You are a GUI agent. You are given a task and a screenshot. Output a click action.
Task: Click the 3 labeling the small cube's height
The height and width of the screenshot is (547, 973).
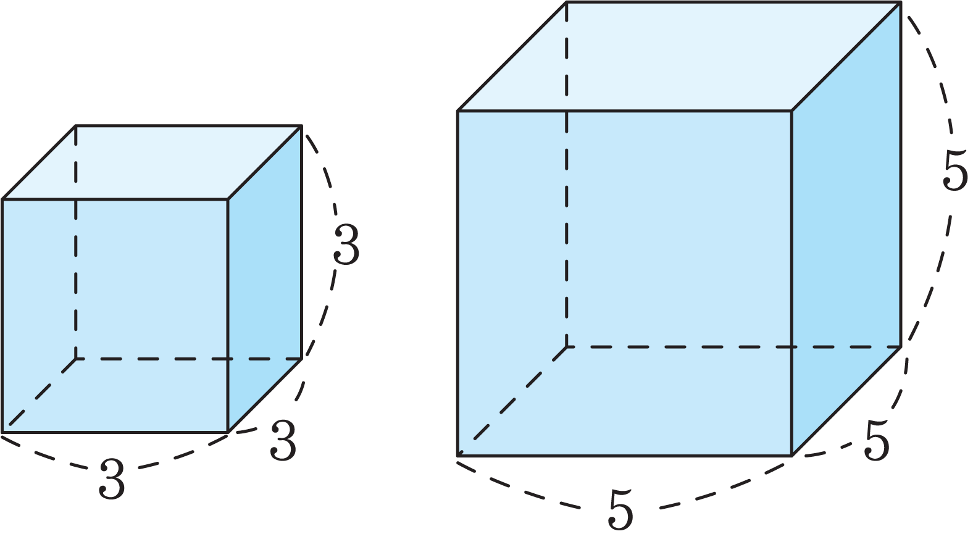pyautogui.click(x=346, y=244)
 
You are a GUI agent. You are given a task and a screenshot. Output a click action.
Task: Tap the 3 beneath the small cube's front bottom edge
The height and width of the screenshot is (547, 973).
pyautogui.click(x=112, y=479)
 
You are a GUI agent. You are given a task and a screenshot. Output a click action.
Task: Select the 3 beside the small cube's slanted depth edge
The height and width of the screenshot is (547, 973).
pyautogui.click(x=283, y=440)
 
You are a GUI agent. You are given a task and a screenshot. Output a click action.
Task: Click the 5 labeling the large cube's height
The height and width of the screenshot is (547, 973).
pyautogui.click(x=954, y=170)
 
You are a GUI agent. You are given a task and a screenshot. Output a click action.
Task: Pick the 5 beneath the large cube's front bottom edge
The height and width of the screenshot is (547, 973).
pyautogui.click(x=620, y=509)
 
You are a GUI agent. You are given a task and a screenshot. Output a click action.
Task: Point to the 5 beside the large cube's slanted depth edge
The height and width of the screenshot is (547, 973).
pyautogui.click(x=877, y=440)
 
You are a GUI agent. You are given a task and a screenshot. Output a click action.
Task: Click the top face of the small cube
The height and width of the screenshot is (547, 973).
pyautogui.click(x=152, y=162)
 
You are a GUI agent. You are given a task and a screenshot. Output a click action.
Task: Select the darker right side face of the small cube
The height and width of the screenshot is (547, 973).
pyautogui.click(x=265, y=278)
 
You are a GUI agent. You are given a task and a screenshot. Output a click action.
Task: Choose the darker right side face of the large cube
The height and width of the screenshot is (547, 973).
pyautogui.click(x=846, y=228)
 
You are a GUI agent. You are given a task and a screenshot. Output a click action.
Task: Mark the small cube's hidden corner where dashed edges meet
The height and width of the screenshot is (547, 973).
pyautogui.click(x=76, y=359)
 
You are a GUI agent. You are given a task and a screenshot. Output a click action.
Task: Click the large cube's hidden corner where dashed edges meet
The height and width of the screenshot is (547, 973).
pyautogui.click(x=567, y=347)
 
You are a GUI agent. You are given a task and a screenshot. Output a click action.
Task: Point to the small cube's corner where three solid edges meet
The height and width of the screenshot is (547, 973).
pyautogui.click(x=228, y=199)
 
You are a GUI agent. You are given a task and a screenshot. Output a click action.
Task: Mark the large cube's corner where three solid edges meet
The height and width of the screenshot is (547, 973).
pyautogui.click(x=792, y=111)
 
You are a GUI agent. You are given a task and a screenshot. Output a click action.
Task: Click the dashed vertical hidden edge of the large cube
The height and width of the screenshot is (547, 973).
pyautogui.click(x=567, y=174)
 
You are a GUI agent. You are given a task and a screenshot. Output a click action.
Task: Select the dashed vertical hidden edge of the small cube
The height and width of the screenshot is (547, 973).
pyautogui.click(x=76, y=242)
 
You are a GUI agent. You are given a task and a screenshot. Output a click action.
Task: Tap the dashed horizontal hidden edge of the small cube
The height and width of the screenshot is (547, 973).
pyautogui.click(x=189, y=359)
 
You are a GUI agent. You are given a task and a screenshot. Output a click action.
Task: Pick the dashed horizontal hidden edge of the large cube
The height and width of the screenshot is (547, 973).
pyautogui.click(x=733, y=347)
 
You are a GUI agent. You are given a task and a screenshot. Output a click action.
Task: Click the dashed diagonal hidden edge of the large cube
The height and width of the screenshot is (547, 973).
pyautogui.click(x=512, y=401)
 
